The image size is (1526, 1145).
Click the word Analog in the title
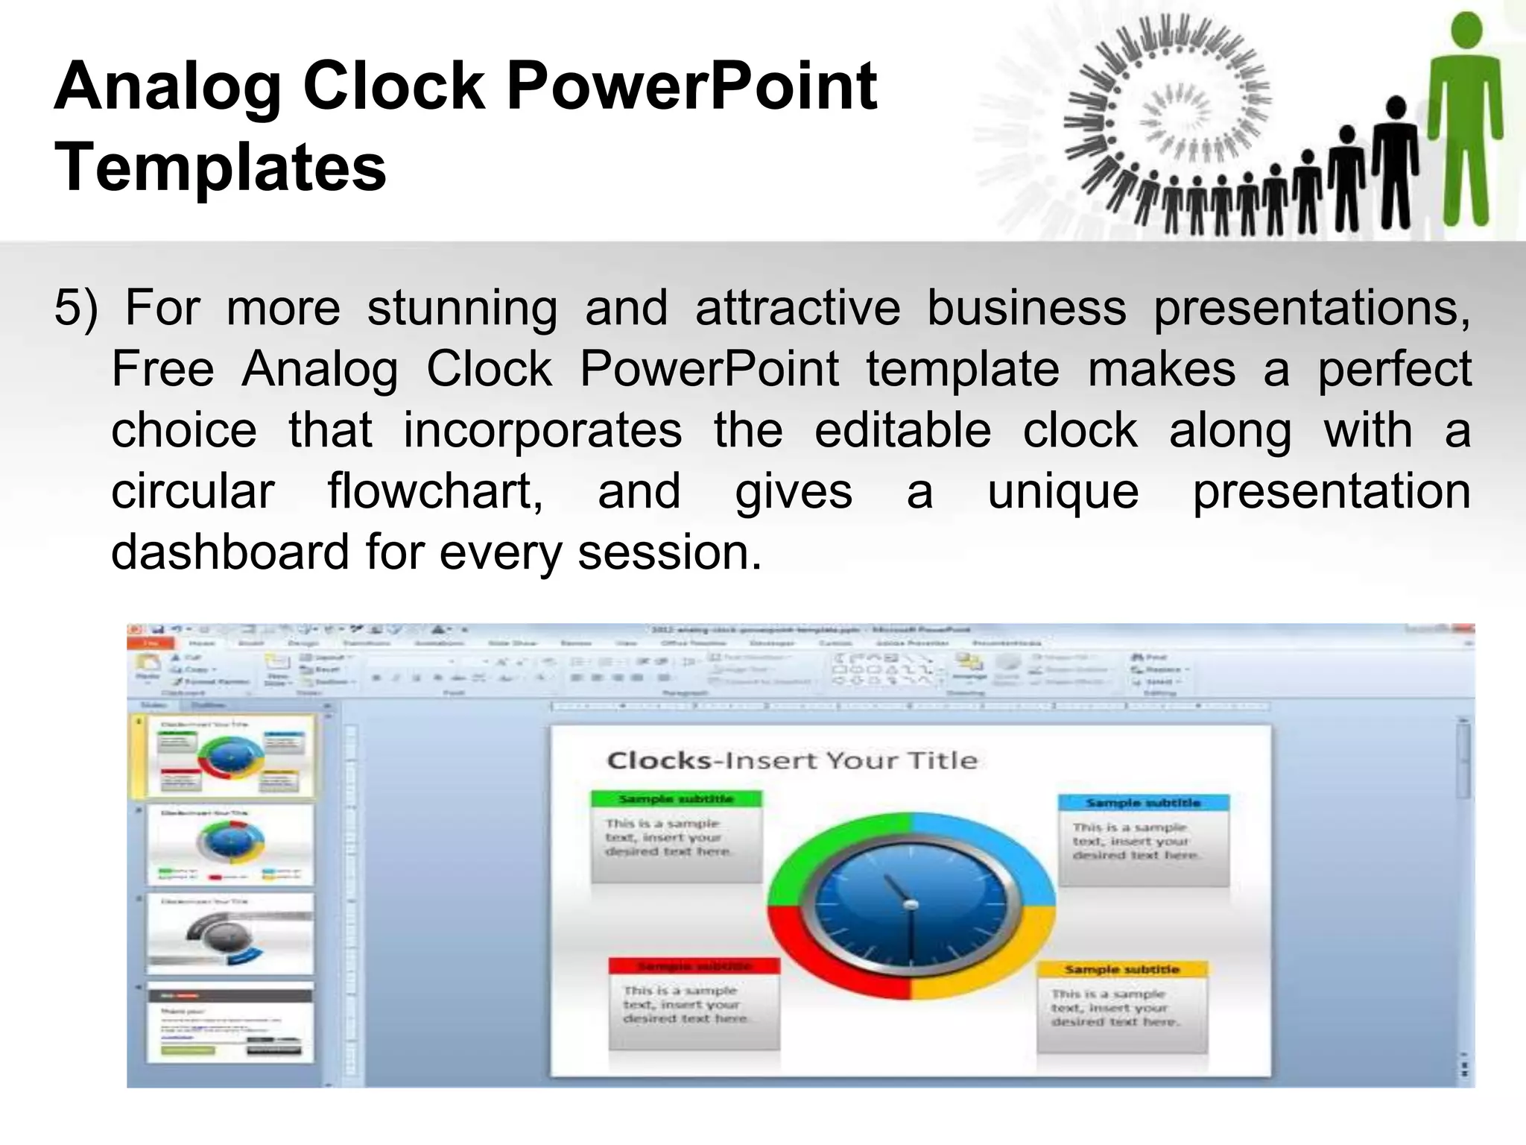pos(167,88)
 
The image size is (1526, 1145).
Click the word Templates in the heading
pos(221,168)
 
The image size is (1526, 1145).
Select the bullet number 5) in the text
pos(76,308)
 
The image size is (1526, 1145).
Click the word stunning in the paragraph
pos(462,308)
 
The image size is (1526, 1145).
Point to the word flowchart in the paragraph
pos(435,491)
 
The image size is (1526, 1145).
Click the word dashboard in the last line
pos(229,552)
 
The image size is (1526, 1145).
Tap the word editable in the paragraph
pos(902,430)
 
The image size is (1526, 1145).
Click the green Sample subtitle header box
pos(677,799)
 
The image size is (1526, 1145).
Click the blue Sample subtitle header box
pos(1143,803)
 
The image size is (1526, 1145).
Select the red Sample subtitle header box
pos(694,966)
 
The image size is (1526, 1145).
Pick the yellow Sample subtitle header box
pos(1122,970)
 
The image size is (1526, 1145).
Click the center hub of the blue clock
pos(910,905)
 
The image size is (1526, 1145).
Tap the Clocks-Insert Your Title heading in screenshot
pos(792,760)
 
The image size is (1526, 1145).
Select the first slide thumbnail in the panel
pos(230,757)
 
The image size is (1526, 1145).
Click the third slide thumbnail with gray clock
pos(230,934)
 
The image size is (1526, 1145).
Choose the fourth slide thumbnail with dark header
pos(230,1023)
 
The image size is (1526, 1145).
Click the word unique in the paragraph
pos(1063,491)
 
